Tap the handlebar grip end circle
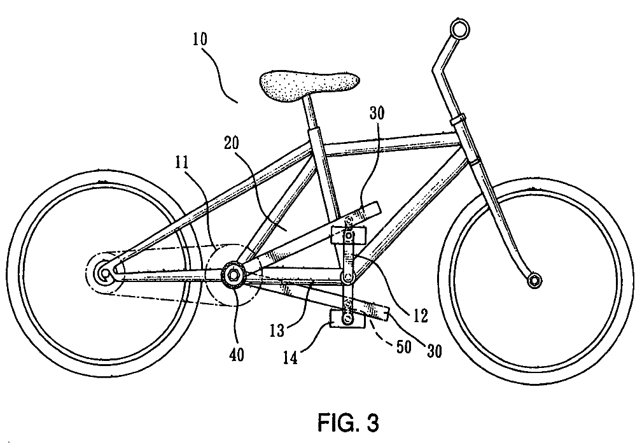pyautogui.click(x=457, y=28)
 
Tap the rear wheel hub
pyautogui.click(x=103, y=274)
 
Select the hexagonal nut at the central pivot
pyautogui.click(x=233, y=274)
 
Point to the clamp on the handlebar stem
pyautogui.click(x=457, y=120)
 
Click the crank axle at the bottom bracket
pyautogui.click(x=347, y=278)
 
